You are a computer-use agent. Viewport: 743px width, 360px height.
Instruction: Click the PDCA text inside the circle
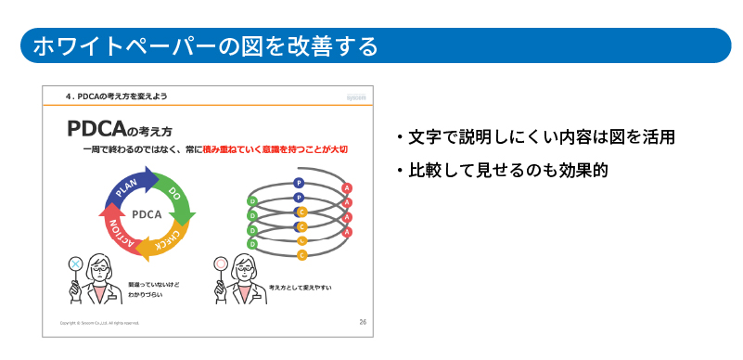tap(147, 213)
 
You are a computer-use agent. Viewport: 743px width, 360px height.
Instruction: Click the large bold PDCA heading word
tap(96, 129)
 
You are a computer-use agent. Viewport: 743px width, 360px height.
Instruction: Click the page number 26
tap(363, 321)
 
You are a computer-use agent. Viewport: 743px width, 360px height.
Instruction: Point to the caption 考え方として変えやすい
tap(300, 289)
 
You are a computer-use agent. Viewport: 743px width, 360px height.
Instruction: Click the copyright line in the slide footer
tap(99, 323)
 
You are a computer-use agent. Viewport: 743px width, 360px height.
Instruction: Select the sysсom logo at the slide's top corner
tap(357, 96)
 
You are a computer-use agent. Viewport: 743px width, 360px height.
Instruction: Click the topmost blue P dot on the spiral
tap(299, 183)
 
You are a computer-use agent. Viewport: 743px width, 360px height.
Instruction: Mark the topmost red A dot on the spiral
tap(347, 189)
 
